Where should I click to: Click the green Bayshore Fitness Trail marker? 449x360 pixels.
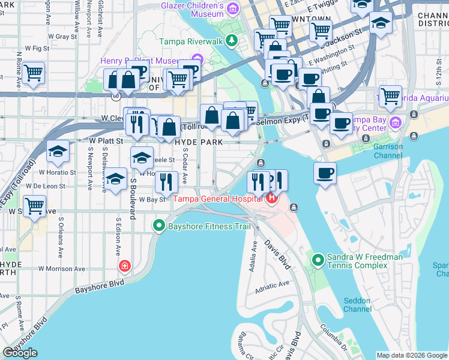[x=159, y=226]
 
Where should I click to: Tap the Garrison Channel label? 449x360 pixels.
[x=387, y=151]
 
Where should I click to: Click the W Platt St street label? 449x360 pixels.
[x=106, y=141]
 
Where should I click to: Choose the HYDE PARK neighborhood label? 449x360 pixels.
[x=198, y=142]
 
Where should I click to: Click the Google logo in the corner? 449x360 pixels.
[x=20, y=353]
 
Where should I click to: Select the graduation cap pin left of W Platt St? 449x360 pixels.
[x=58, y=151]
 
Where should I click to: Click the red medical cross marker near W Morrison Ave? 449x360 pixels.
[x=125, y=265]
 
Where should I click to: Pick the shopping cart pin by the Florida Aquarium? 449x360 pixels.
[x=390, y=95]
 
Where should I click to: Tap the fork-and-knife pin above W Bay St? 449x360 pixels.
[x=167, y=180]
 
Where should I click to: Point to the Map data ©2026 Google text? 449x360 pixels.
[x=412, y=355]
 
